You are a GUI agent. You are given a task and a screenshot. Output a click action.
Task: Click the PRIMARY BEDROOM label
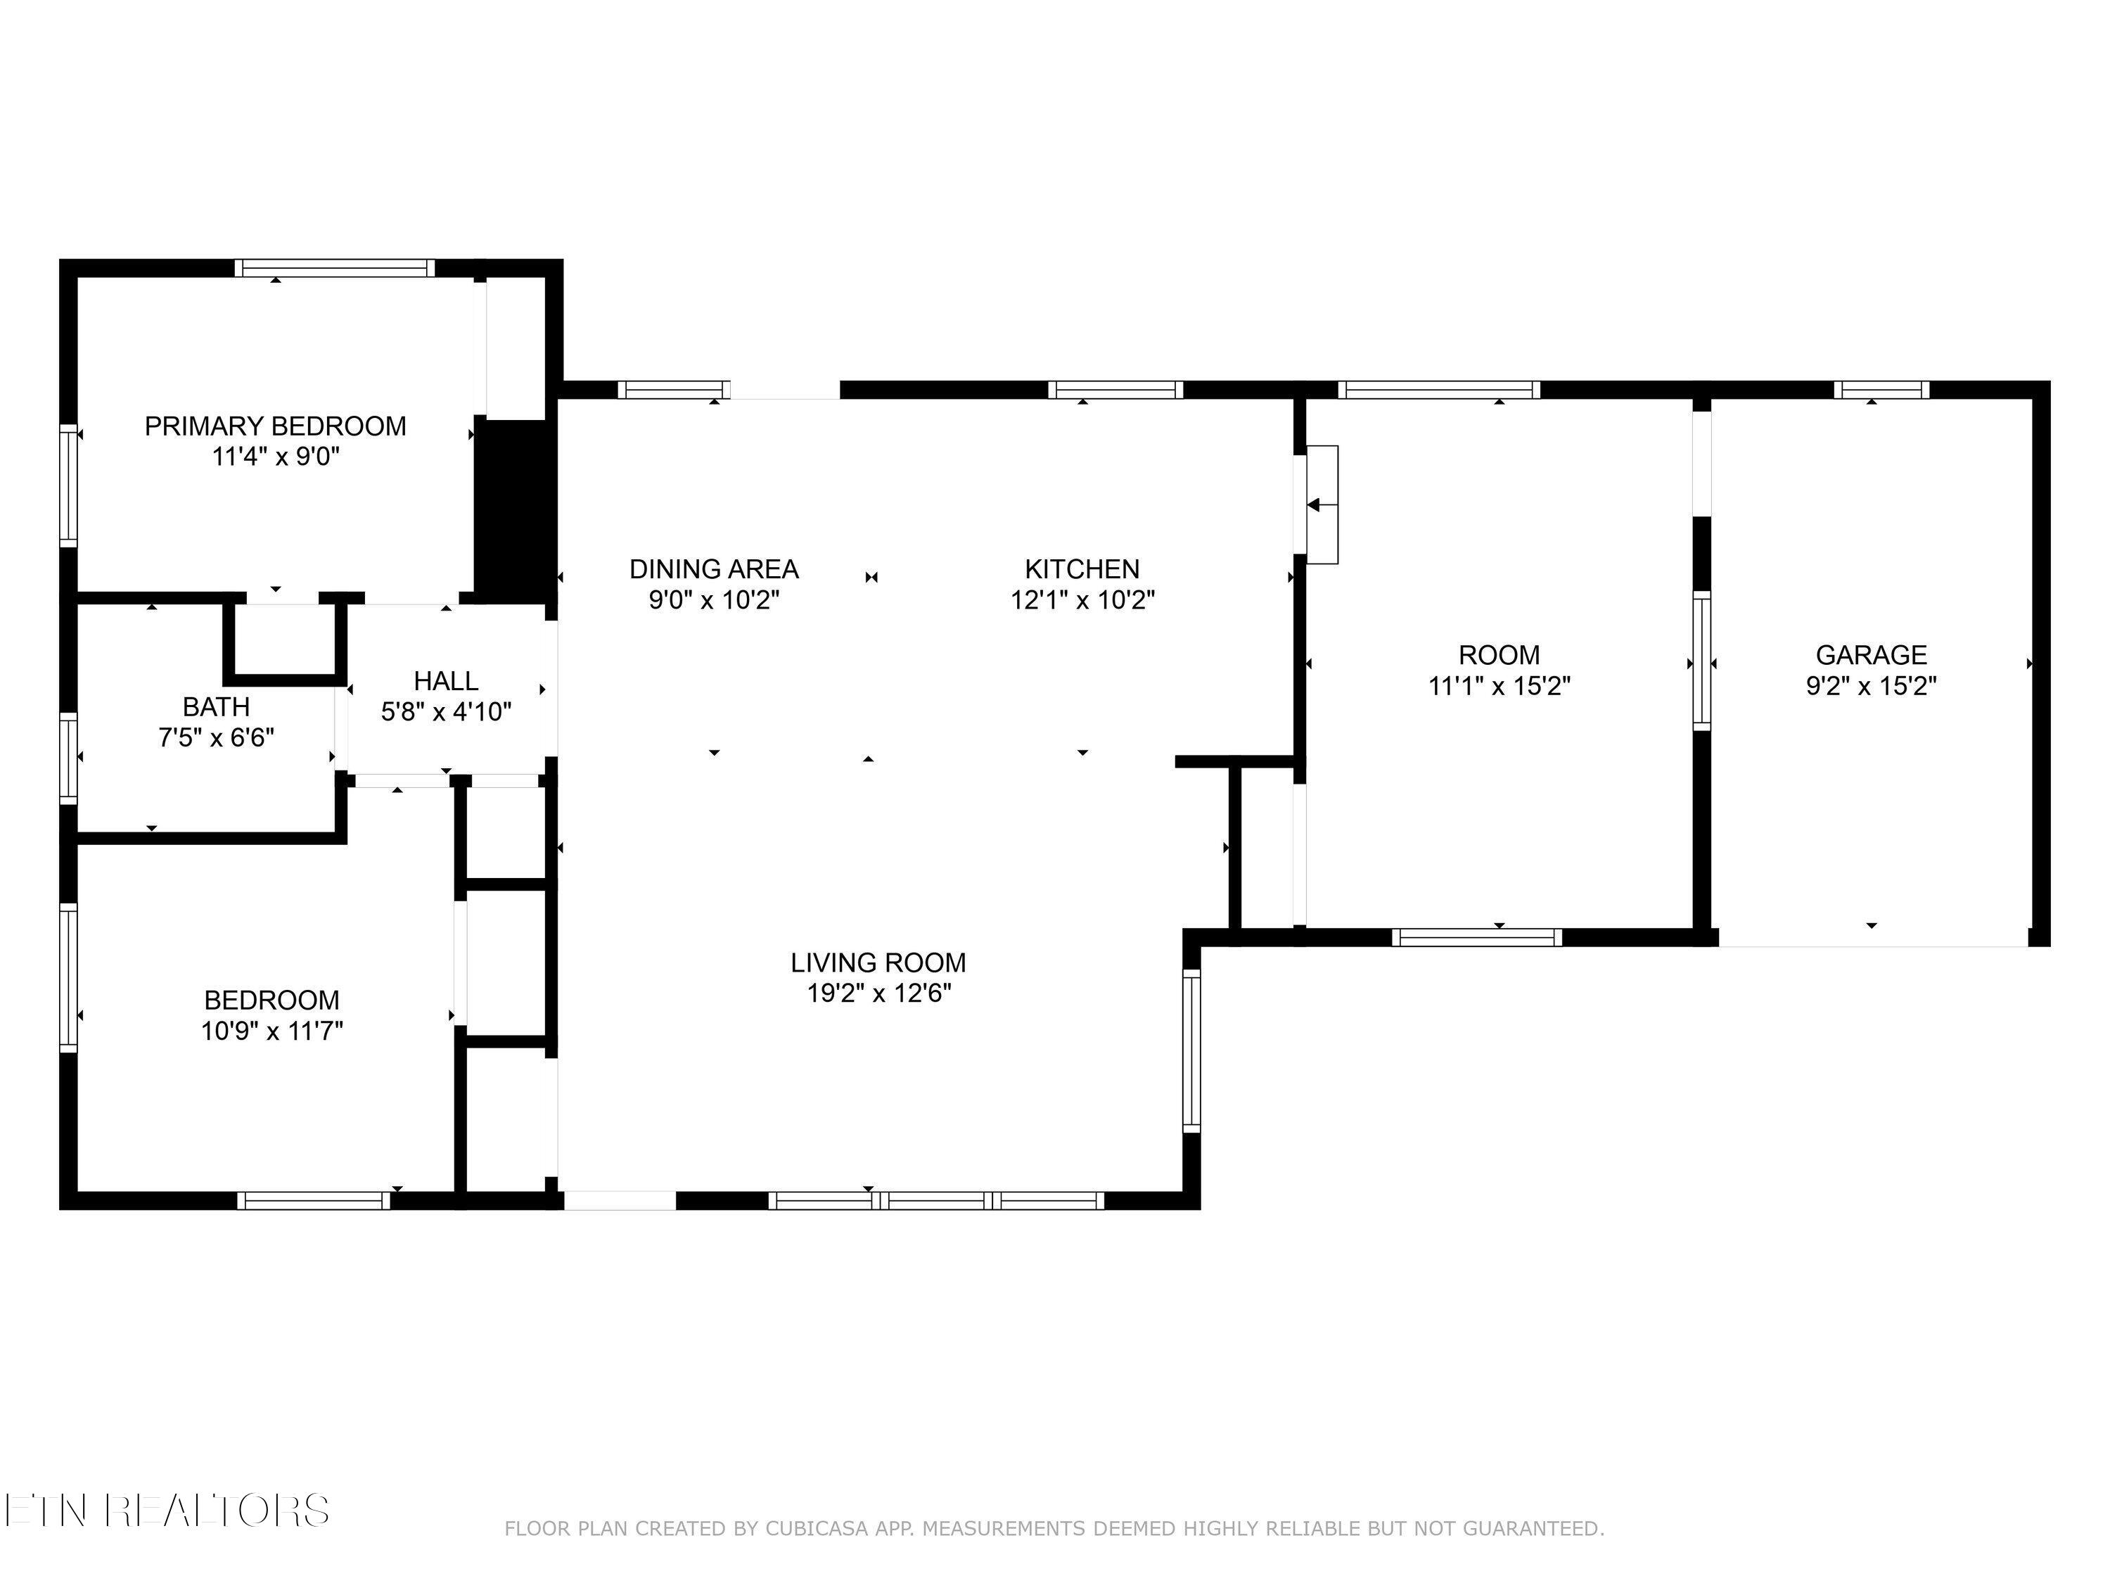pyautogui.click(x=275, y=426)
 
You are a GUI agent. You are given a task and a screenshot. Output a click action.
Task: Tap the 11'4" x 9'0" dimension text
pyautogui.click(x=275, y=457)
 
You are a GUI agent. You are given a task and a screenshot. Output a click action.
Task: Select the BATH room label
pyautogui.click(x=217, y=707)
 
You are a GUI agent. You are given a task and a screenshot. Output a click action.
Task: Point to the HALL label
pyautogui.click(x=445, y=681)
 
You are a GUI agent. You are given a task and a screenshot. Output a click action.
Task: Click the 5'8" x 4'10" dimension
pyautogui.click(x=445, y=712)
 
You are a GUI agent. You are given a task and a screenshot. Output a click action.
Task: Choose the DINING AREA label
pyautogui.click(x=713, y=570)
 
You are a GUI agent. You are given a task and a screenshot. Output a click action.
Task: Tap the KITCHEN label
pyautogui.click(x=1082, y=570)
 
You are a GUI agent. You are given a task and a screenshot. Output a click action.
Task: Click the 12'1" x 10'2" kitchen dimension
pyautogui.click(x=1082, y=600)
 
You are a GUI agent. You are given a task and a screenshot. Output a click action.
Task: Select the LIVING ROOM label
pyautogui.click(x=878, y=962)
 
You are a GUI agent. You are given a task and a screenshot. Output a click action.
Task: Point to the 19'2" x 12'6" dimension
pyautogui.click(x=878, y=993)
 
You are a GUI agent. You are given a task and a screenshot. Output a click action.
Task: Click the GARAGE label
pyautogui.click(x=1871, y=656)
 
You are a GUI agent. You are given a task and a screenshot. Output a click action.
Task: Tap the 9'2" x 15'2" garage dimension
pyautogui.click(x=1871, y=686)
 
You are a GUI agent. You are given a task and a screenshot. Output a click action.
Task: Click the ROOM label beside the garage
pyautogui.click(x=1499, y=656)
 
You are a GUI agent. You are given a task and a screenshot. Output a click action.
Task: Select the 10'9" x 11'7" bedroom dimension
pyautogui.click(x=272, y=1031)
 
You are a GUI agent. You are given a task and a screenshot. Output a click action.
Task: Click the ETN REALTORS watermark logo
pyautogui.click(x=167, y=1511)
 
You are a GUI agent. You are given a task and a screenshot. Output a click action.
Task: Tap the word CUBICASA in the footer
pyautogui.click(x=816, y=1529)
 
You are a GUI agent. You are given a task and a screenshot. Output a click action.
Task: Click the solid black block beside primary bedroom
pyautogui.click(x=514, y=511)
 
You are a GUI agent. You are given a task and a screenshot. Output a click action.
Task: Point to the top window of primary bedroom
pyautogui.click(x=335, y=268)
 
